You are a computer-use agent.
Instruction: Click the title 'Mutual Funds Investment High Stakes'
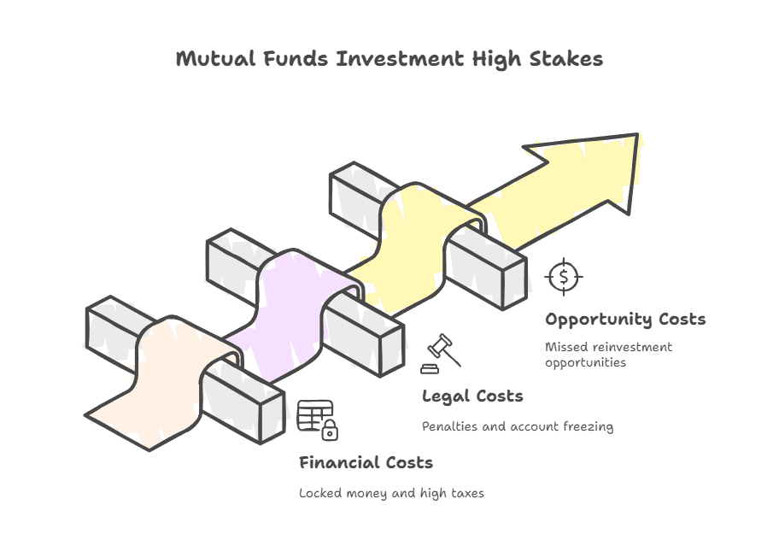(x=389, y=59)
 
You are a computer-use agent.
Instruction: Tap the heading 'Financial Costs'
(x=366, y=463)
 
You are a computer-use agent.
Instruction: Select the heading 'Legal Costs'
(x=472, y=396)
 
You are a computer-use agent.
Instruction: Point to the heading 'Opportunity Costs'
(x=625, y=320)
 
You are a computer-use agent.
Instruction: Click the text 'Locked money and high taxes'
(x=391, y=493)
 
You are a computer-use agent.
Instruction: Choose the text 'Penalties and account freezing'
(x=518, y=426)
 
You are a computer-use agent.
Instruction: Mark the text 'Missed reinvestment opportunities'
(x=608, y=355)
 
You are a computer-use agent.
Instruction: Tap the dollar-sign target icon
(x=563, y=276)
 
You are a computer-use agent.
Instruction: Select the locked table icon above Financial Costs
(x=317, y=420)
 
